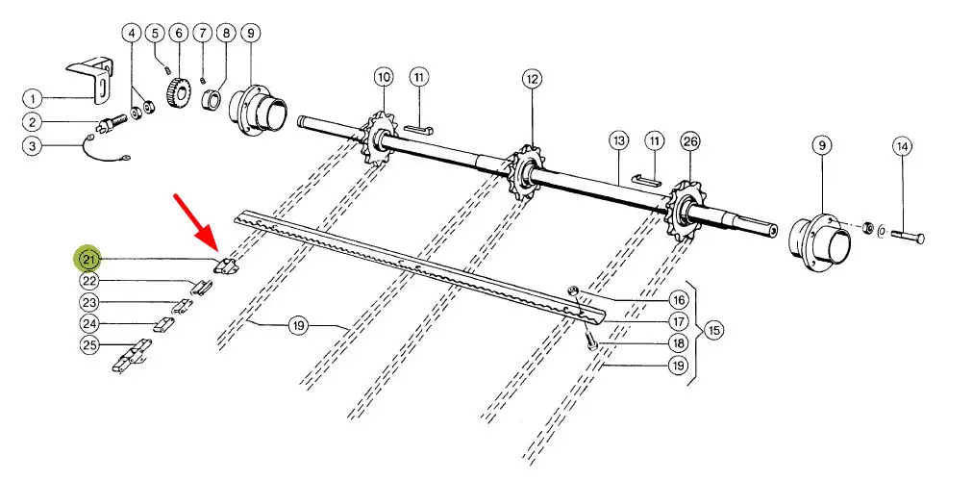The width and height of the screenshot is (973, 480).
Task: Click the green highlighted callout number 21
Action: coord(89,259)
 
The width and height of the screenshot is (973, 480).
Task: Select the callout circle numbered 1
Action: coord(33,97)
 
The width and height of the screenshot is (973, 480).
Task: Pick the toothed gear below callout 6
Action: coord(179,92)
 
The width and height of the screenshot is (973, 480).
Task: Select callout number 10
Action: coord(385,77)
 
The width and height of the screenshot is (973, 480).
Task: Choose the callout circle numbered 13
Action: coord(618,141)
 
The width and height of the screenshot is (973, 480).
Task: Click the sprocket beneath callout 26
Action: coord(685,210)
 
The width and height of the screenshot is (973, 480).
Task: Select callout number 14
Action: coord(902,146)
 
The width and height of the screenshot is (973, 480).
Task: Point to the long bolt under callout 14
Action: coord(909,236)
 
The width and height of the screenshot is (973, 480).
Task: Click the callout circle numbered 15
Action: coord(713,330)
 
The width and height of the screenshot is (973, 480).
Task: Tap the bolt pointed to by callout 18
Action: coord(590,341)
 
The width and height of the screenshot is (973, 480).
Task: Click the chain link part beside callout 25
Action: coord(132,356)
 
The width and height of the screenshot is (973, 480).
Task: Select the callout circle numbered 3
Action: coord(33,146)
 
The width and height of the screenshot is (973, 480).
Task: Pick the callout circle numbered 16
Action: coord(678,300)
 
